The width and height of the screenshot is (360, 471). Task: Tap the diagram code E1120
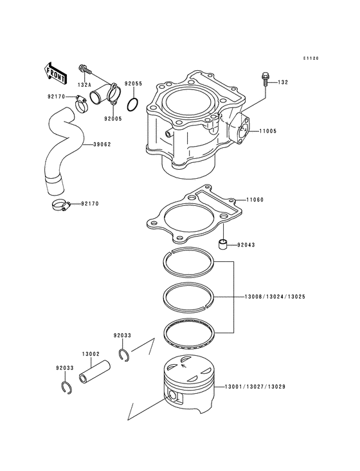(x=311, y=59)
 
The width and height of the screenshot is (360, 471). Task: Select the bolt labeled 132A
(x=85, y=68)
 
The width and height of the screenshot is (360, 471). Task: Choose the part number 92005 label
(x=113, y=118)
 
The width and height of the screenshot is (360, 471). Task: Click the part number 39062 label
(x=102, y=144)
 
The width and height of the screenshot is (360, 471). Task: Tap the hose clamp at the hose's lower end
(x=59, y=206)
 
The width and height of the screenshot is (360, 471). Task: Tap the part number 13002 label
(x=90, y=353)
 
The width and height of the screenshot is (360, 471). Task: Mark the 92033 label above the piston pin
(x=122, y=335)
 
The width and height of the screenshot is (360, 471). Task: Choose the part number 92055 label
(x=133, y=84)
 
